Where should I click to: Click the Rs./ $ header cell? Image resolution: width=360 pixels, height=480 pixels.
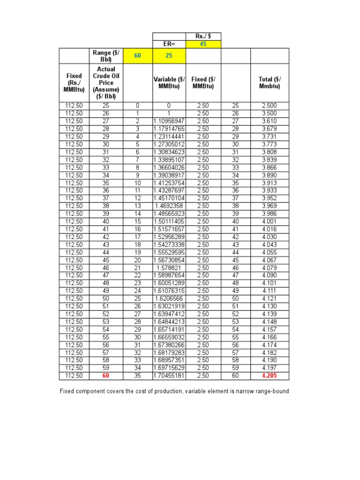tap(203, 37)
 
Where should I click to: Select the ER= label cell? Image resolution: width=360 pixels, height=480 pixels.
tap(169, 44)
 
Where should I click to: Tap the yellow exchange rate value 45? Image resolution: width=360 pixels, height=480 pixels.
tap(203, 44)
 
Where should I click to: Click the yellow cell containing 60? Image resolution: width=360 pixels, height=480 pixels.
tap(137, 56)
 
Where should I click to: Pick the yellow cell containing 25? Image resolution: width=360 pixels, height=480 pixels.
tap(169, 56)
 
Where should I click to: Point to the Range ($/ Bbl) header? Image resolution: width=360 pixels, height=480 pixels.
tap(106, 56)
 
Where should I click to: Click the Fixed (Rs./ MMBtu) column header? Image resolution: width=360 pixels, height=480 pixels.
tap(74, 83)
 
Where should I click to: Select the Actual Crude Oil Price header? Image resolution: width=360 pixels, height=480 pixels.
tap(106, 83)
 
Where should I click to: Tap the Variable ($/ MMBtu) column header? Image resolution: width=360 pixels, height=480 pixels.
tap(169, 83)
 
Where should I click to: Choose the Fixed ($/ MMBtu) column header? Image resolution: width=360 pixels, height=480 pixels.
tap(203, 83)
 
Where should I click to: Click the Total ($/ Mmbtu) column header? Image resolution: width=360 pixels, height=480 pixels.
tap(269, 83)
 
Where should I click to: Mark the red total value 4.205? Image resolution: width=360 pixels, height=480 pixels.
tap(269, 375)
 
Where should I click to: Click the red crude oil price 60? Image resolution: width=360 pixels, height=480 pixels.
tap(106, 375)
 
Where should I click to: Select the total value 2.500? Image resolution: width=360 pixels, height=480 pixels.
tap(269, 106)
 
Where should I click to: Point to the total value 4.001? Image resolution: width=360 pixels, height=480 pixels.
tap(269, 222)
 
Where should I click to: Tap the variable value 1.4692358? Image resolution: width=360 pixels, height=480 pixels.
tap(169, 206)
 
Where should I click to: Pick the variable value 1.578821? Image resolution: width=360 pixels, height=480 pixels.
tap(169, 268)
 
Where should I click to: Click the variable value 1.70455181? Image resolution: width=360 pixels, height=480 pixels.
tap(169, 375)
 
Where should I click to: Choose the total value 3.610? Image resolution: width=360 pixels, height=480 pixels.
tap(269, 121)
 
